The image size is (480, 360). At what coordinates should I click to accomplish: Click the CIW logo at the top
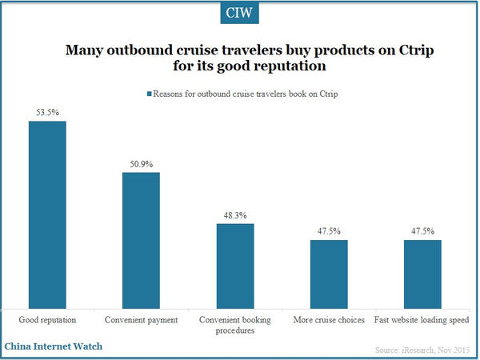click(239, 14)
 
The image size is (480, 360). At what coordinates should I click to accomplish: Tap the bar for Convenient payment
click(141, 239)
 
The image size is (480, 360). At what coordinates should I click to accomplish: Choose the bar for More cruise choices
click(328, 273)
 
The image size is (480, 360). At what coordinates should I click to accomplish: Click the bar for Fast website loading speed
click(422, 273)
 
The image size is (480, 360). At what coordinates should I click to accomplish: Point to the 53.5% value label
click(47, 113)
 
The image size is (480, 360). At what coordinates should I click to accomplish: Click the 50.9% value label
click(141, 164)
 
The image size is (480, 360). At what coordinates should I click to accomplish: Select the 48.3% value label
click(234, 215)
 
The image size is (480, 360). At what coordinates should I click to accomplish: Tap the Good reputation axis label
click(47, 320)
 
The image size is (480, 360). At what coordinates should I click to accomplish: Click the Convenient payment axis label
click(141, 320)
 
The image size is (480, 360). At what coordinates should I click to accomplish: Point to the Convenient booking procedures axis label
click(234, 326)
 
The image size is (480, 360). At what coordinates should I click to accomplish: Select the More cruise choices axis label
click(328, 320)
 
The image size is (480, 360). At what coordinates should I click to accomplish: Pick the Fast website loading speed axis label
click(422, 320)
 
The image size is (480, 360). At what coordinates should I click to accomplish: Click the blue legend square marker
click(148, 94)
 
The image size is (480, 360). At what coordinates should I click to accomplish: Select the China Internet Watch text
click(53, 347)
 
